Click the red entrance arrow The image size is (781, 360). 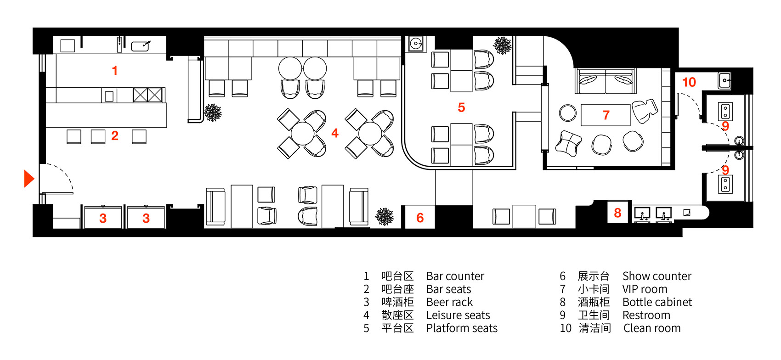click(28, 179)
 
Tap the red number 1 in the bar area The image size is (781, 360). click(115, 70)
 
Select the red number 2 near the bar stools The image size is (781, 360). click(115, 135)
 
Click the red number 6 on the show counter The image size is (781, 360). click(420, 218)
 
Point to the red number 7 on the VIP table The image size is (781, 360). click(606, 115)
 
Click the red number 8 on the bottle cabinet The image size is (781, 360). click(617, 213)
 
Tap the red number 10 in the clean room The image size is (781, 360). click(689, 82)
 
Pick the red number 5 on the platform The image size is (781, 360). click(461, 107)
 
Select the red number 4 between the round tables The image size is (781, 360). click(335, 133)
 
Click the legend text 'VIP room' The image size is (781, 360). click(645, 289)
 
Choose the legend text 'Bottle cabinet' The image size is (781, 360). click(657, 302)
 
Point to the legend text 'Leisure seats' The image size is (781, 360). click(458, 315)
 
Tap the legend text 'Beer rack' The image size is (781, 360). click(449, 302)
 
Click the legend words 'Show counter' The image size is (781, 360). click(657, 276)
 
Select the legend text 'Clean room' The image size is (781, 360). click(652, 328)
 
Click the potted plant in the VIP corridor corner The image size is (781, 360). click(503, 45)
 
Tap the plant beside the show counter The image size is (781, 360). click(385, 216)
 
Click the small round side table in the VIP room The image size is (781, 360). click(568, 113)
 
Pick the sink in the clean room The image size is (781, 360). click(724, 80)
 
